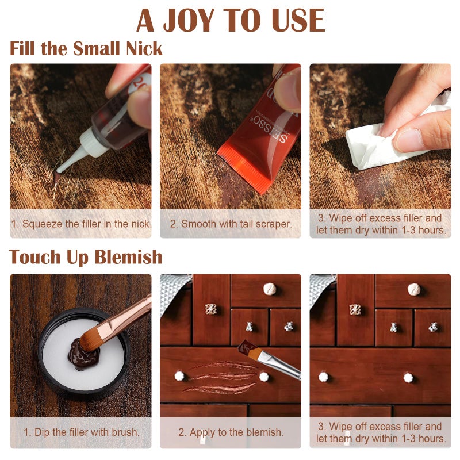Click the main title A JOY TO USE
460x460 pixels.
(230, 21)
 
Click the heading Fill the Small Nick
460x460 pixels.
(86, 48)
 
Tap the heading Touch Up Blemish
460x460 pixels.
(86, 257)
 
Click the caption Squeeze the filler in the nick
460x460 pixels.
(80, 224)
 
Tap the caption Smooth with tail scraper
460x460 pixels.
(231, 224)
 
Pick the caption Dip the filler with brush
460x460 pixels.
(81, 432)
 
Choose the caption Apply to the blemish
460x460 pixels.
(231, 432)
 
